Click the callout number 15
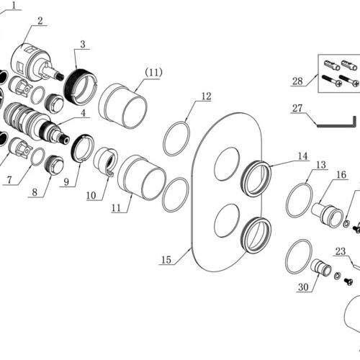point(166,260)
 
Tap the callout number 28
point(297,81)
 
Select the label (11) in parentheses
point(153,73)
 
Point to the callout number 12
point(206,96)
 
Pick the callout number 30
point(303,287)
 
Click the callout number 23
point(341,251)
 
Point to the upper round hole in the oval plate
point(227,164)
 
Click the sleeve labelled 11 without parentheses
point(142,177)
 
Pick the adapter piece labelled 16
point(328,215)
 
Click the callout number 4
point(83,113)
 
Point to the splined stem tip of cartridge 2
point(60,76)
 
